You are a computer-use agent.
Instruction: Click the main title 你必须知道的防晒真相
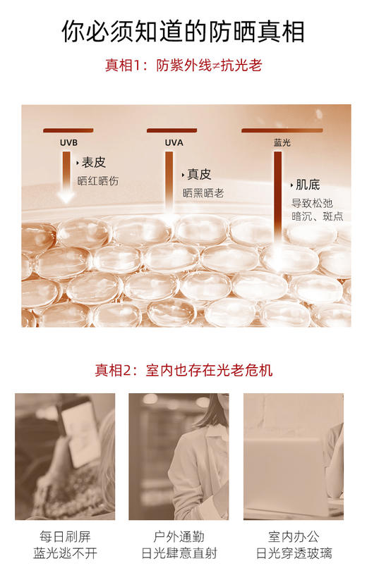(183, 31)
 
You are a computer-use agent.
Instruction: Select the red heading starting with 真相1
(183, 66)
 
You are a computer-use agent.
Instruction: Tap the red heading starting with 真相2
(183, 370)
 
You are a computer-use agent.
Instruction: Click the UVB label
(68, 142)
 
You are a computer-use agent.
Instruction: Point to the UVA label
(174, 142)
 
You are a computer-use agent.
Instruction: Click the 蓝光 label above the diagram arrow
(282, 142)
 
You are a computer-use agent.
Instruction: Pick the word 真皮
(199, 174)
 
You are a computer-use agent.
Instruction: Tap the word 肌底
(308, 185)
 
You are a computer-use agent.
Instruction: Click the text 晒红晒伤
(98, 181)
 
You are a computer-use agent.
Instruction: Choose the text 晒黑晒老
(203, 192)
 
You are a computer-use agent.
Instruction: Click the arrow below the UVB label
(66, 177)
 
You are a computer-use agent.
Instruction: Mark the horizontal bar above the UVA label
(172, 130)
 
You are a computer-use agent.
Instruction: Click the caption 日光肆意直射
(179, 553)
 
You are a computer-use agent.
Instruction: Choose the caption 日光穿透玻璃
(293, 553)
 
